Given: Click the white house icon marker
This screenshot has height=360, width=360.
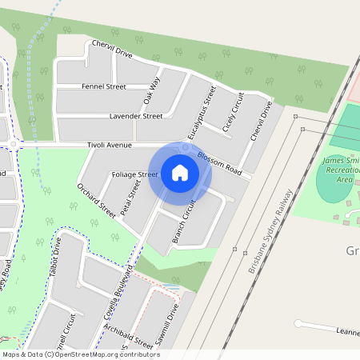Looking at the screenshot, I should [x=180, y=173].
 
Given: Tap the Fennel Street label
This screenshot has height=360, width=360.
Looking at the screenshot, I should [x=103, y=86].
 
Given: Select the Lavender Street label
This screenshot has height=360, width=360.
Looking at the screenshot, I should [x=136, y=116].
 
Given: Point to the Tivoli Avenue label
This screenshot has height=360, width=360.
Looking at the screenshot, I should [x=109, y=146].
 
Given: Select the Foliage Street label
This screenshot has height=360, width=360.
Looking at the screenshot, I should [x=134, y=174].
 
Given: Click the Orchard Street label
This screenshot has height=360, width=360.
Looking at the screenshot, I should [x=96, y=200].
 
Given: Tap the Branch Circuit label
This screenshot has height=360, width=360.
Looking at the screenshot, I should [x=184, y=222].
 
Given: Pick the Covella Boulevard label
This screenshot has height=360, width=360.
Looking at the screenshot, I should [x=117, y=292].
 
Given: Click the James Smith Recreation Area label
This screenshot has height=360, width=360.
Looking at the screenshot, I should [x=342, y=170].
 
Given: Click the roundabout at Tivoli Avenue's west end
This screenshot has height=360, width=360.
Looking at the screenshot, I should [x=14, y=145].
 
